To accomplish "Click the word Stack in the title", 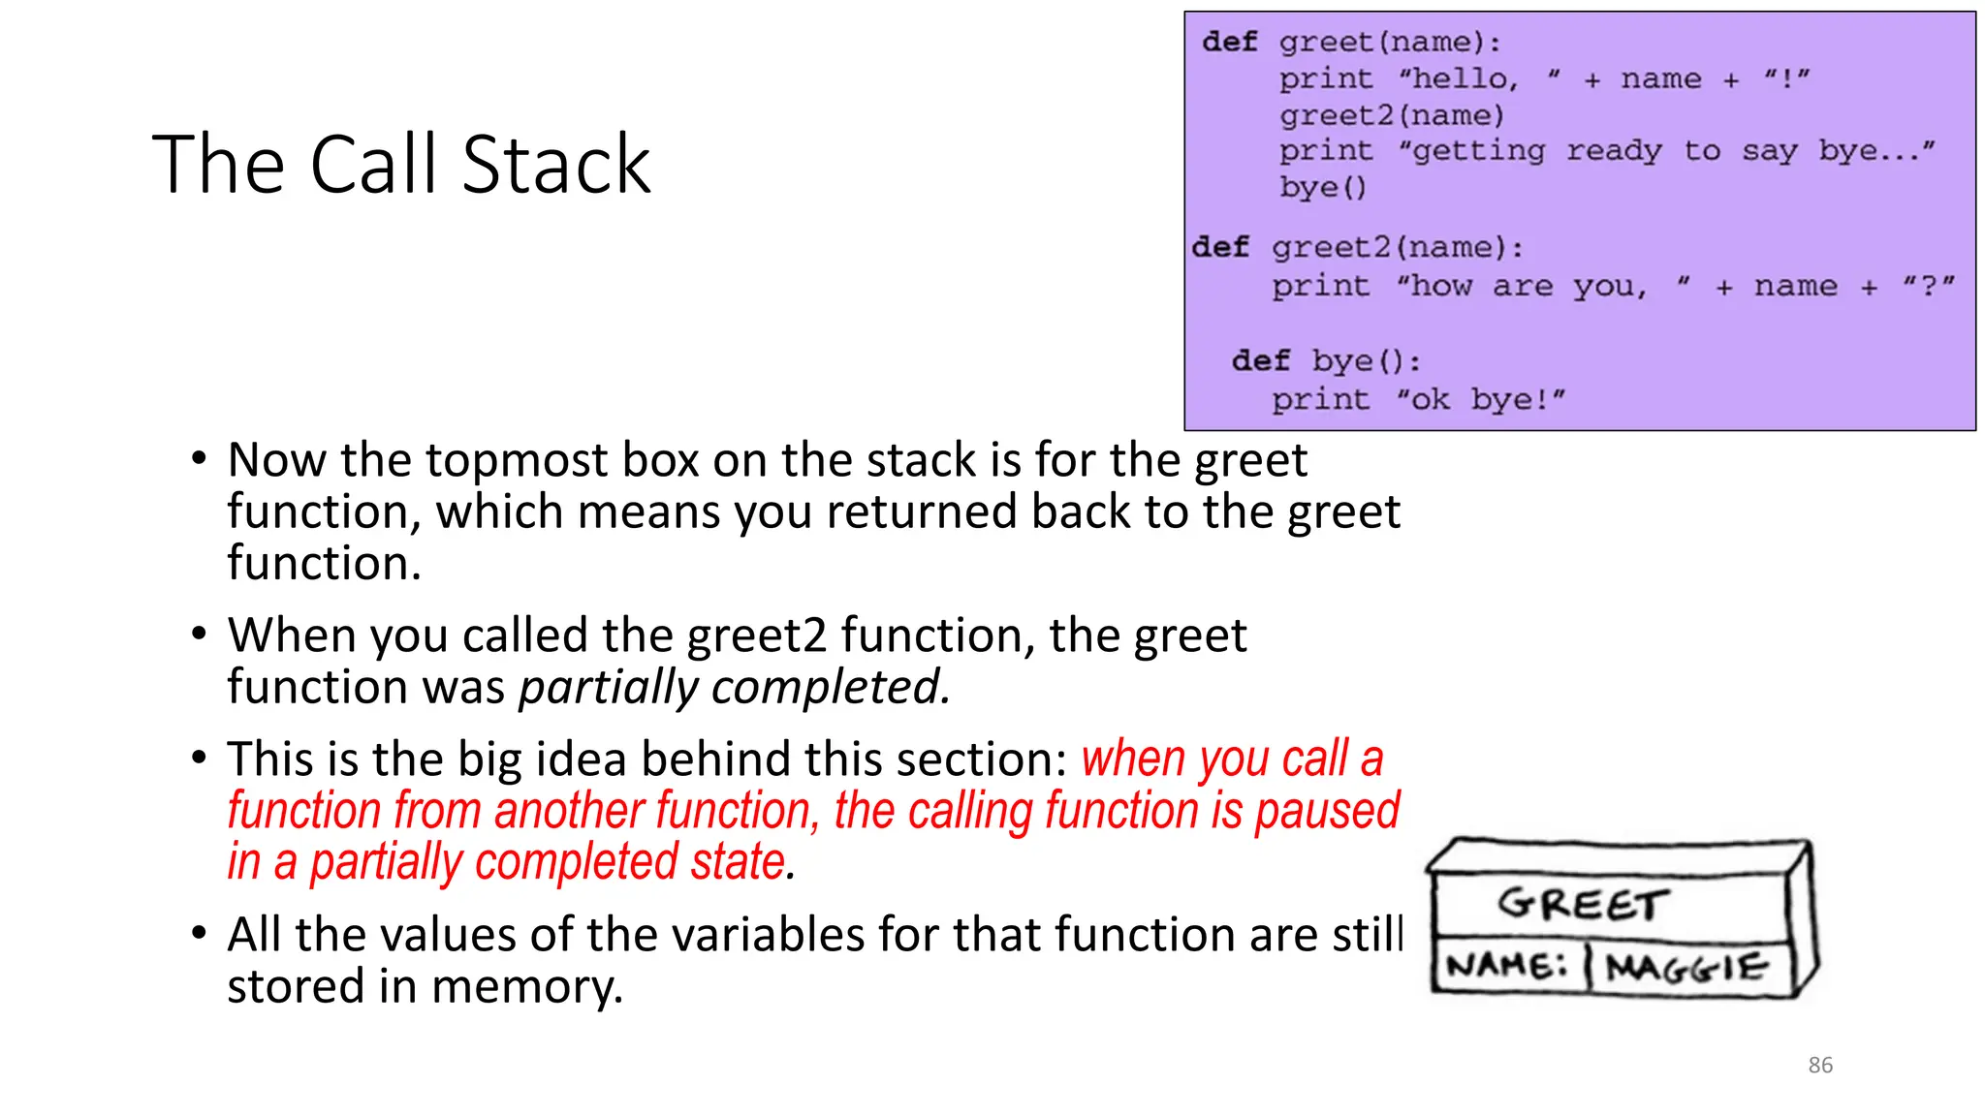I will (555, 165).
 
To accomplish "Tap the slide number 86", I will (1819, 1065).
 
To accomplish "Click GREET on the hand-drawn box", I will (1583, 904).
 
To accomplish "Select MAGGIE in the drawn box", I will (1686, 967).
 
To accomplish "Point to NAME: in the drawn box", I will (1505, 965).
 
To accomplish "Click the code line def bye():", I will (1326, 361).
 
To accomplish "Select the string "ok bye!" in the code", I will (1480, 399).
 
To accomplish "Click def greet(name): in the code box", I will (1351, 42).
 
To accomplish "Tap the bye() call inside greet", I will (1322, 186).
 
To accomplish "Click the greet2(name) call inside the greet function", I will (1391, 115).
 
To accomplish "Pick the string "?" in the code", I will (1928, 286).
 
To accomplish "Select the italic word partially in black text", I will (608, 687).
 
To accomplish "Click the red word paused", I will (1327, 810).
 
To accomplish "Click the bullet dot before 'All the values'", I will (199, 933).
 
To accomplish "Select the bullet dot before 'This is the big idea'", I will (199, 758).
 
